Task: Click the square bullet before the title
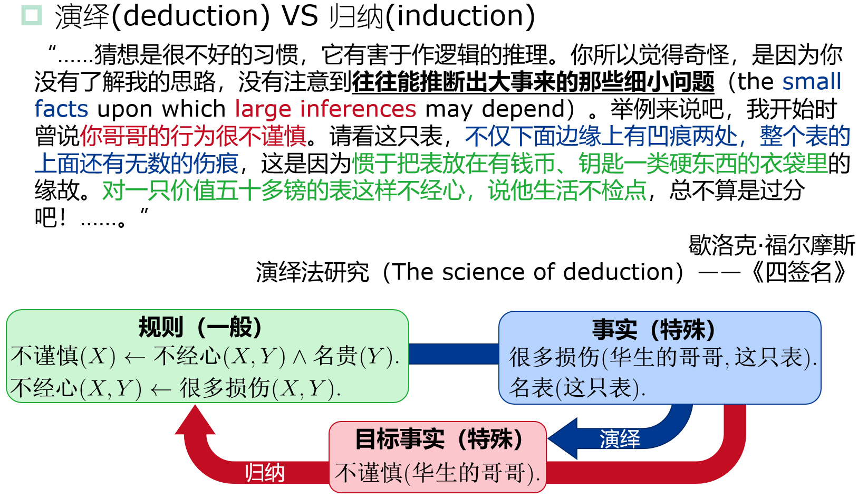pyautogui.click(x=31, y=15)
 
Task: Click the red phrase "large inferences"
pyautogui.click(x=325, y=109)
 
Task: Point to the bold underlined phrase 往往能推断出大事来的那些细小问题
pyautogui.click(x=533, y=82)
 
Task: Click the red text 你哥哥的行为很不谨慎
pyautogui.click(x=193, y=136)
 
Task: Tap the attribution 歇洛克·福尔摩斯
pyautogui.click(x=772, y=245)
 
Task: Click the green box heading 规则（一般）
pyautogui.click(x=200, y=327)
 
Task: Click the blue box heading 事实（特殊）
pyautogui.click(x=654, y=330)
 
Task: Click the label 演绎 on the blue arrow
pyautogui.click(x=620, y=439)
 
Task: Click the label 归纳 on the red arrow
pyautogui.click(x=265, y=473)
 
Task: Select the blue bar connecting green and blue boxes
pyautogui.click(x=454, y=354)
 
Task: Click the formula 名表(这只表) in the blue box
pyautogui.click(x=577, y=388)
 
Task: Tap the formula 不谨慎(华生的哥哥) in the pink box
pyautogui.click(x=438, y=473)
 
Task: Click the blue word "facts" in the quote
pyautogui.click(x=61, y=109)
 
